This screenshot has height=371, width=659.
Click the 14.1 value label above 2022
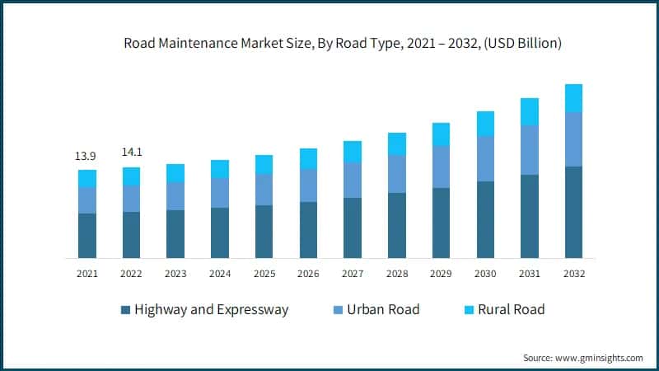(x=132, y=152)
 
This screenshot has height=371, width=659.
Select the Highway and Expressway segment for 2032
(x=573, y=212)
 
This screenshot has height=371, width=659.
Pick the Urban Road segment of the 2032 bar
(x=573, y=139)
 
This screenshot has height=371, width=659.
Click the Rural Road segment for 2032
(x=573, y=97)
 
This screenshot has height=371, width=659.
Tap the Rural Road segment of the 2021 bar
(x=87, y=178)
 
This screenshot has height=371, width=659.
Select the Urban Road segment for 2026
(x=308, y=185)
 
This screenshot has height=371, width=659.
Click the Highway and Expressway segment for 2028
(x=397, y=225)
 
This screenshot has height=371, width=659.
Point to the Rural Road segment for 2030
(x=485, y=123)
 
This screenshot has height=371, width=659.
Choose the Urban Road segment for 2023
(x=175, y=195)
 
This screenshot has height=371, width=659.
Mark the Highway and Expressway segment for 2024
(x=220, y=232)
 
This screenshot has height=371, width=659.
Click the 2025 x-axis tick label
(x=264, y=274)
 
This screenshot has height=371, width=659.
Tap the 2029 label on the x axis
(x=441, y=274)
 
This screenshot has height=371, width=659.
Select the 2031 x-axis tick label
(x=529, y=274)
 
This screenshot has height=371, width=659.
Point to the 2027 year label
(x=353, y=274)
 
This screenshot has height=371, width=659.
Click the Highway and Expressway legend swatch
(x=125, y=310)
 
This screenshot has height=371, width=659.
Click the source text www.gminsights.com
(x=582, y=358)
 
